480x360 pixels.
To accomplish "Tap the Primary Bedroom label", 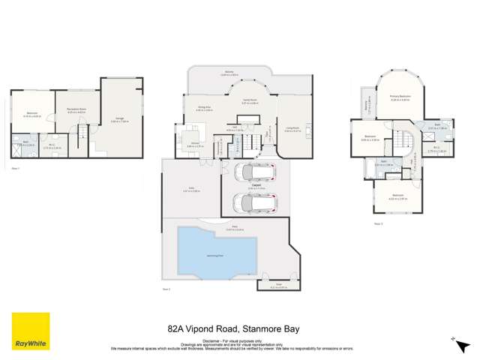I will [x=399, y=97].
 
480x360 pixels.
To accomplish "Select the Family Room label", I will [x=250, y=101].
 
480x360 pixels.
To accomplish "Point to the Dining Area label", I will [x=204, y=109].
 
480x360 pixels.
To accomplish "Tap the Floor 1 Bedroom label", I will [x=31, y=113].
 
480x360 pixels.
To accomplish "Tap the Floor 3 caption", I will [x=379, y=223].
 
